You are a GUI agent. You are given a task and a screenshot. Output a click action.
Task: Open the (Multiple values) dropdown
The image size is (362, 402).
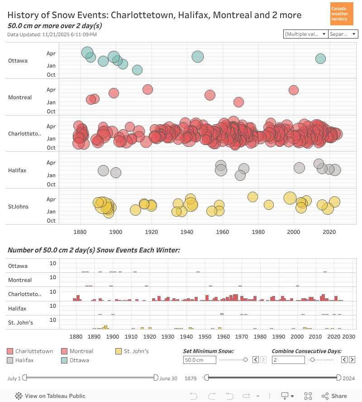click(x=305, y=34)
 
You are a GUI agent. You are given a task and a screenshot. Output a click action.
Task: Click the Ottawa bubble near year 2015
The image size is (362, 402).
click(x=320, y=58)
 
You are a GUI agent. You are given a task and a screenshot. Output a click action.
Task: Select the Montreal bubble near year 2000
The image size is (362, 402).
click(x=294, y=90)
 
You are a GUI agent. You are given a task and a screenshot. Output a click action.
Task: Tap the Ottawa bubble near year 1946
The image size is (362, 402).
click(x=197, y=57)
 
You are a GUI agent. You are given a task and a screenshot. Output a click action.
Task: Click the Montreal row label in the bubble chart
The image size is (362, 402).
click(x=20, y=97)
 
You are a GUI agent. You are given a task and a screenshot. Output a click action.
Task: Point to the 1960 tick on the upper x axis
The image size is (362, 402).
click(x=222, y=232)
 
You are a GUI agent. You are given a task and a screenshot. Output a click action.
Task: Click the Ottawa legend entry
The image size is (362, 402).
click(x=79, y=360)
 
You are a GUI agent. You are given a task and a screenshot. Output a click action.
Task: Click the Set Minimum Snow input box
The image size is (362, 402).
click(x=200, y=360)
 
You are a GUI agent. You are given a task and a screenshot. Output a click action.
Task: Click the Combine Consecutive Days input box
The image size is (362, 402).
click(x=288, y=360)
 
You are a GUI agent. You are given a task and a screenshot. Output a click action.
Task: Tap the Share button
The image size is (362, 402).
click(x=335, y=396)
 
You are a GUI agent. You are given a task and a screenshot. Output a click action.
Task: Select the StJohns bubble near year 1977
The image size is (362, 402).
click(x=252, y=197)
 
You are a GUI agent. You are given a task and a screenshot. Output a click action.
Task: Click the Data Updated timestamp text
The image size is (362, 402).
click(x=52, y=34)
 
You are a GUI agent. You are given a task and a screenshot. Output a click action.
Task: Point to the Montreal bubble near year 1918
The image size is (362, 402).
click(x=148, y=89)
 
